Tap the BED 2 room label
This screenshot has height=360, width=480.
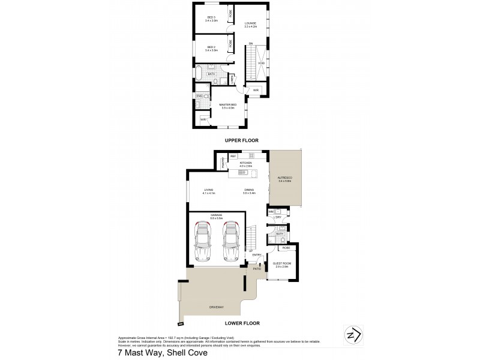coord(211,47)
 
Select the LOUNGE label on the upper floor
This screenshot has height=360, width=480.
coord(250,23)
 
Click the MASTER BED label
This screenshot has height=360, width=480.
coord(229,105)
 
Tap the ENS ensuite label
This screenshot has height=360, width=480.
coord(199,96)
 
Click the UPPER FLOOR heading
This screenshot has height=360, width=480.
coord(241,140)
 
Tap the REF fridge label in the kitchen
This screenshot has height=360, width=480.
coord(233,156)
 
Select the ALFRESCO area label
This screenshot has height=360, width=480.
coord(284,178)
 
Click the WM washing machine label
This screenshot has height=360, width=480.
coord(271,212)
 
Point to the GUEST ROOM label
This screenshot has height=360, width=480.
coord(281,263)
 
